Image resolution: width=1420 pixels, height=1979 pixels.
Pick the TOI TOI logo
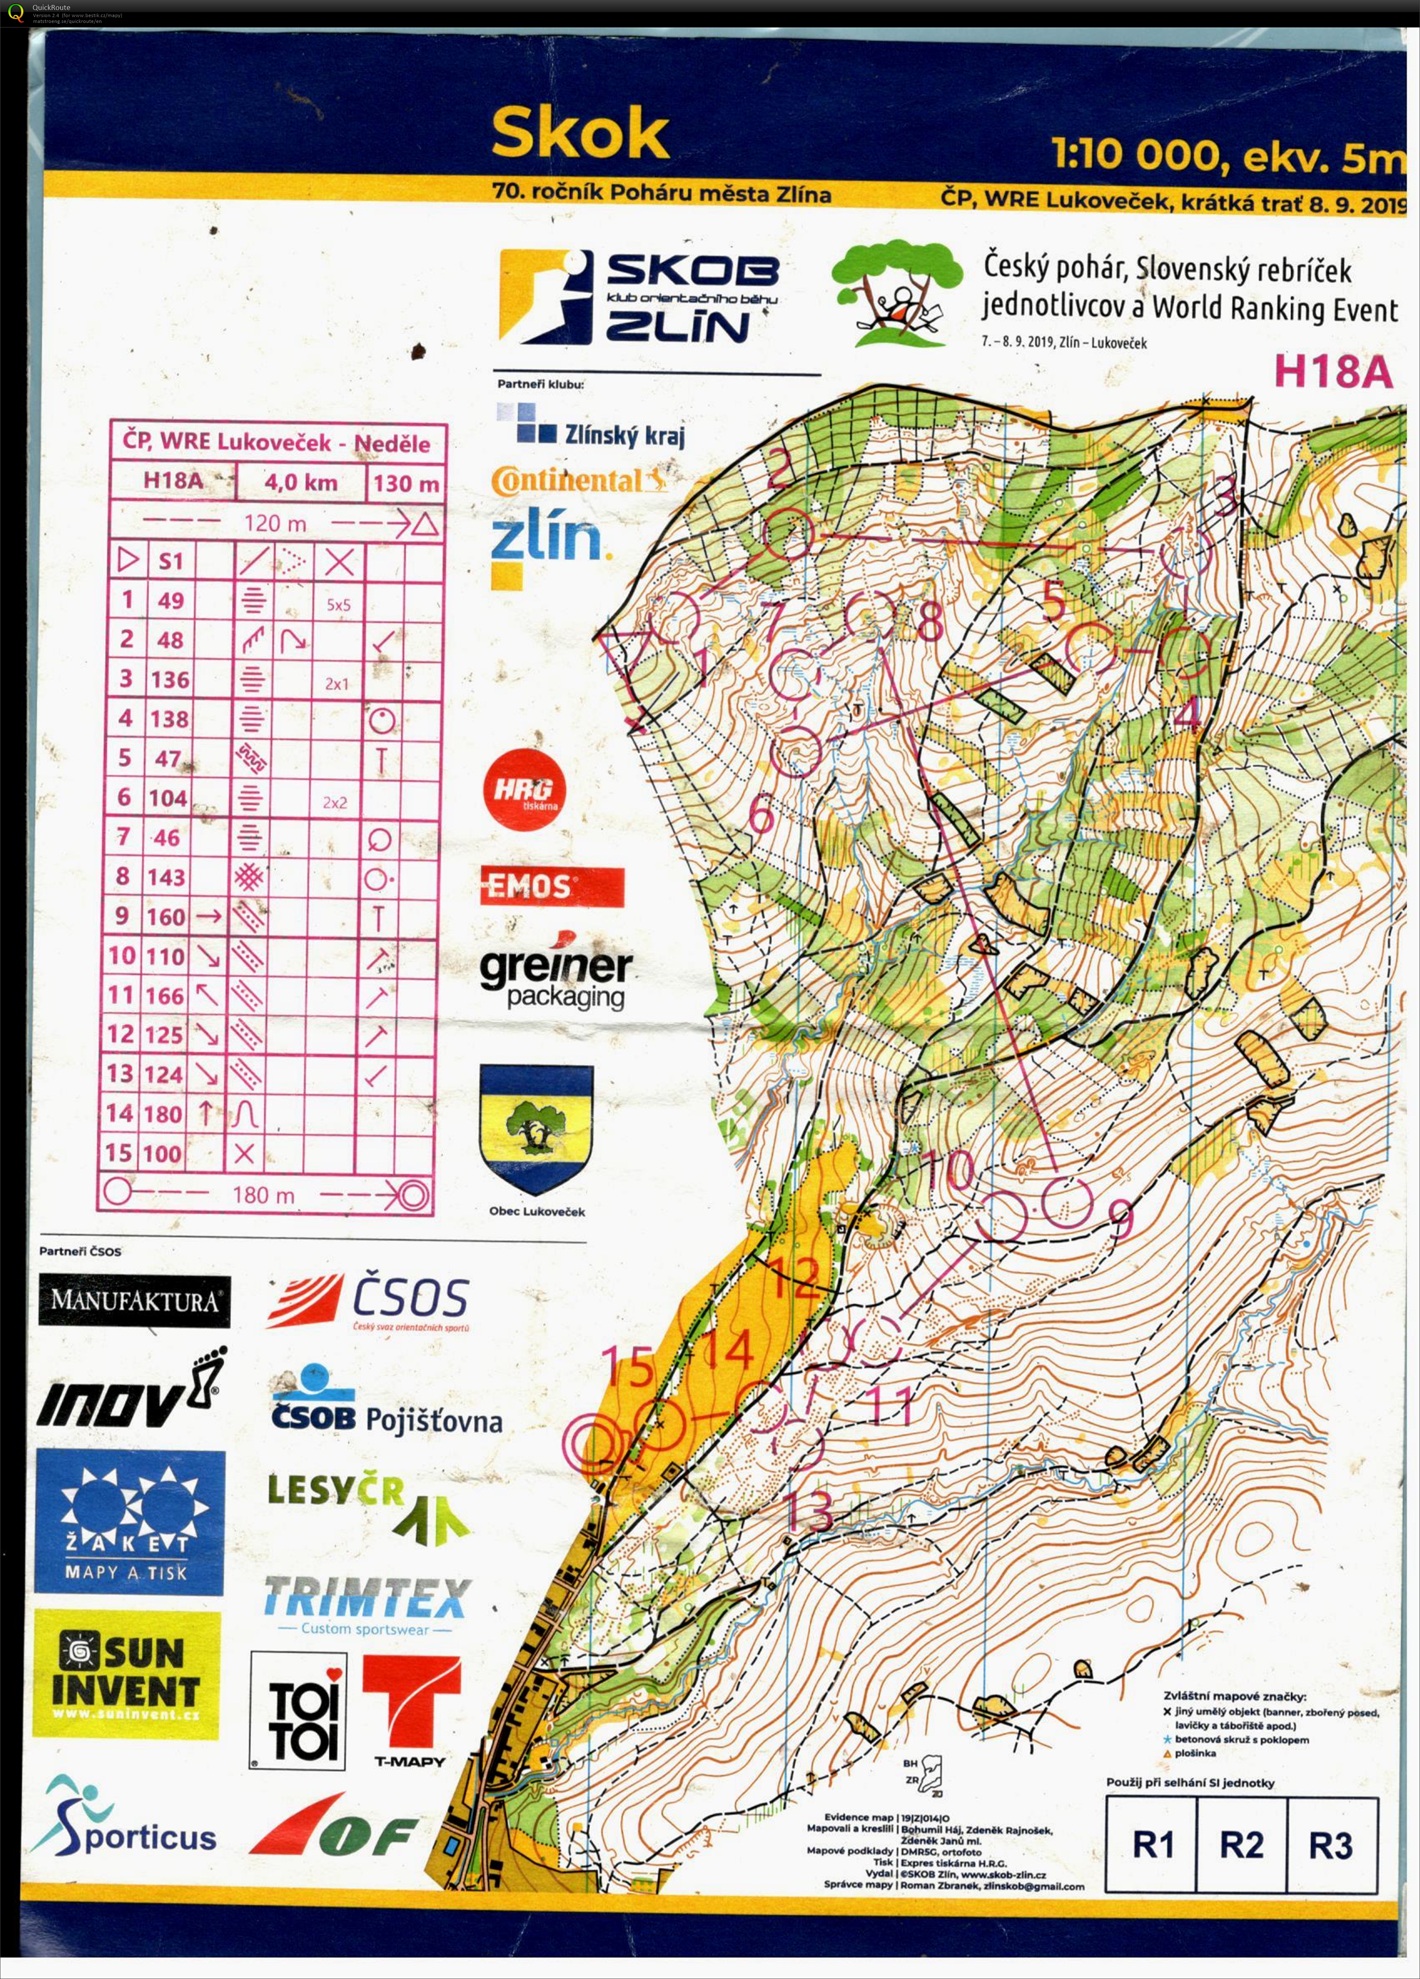298,1710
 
